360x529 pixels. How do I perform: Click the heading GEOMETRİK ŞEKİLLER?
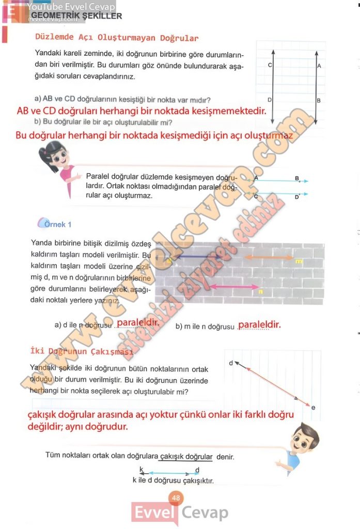click(x=76, y=16)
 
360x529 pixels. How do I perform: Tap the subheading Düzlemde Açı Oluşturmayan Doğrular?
click(x=116, y=38)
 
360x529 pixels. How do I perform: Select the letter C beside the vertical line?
click(x=270, y=66)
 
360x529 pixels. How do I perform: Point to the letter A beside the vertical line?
click(x=319, y=66)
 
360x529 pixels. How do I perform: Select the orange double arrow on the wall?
click(x=268, y=257)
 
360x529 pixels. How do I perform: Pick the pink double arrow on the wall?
click(x=235, y=287)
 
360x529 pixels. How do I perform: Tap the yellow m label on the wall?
click(x=299, y=262)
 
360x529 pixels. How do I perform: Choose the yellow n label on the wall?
click(x=261, y=292)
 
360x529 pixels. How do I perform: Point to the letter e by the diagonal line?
click(x=314, y=408)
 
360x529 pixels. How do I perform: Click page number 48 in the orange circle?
click(x=176, y=498)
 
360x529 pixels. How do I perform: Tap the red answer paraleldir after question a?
click(x=137, y=323)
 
